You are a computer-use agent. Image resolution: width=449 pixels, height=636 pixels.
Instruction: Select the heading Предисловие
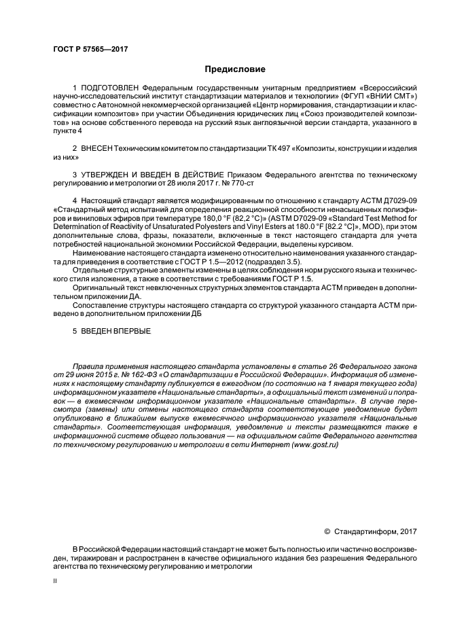click(x=235, y=69)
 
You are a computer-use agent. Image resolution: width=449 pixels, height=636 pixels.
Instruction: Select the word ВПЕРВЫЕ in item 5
click(x=131, y=331)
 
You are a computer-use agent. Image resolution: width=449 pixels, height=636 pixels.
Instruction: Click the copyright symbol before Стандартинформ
click(x=327, y=531)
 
